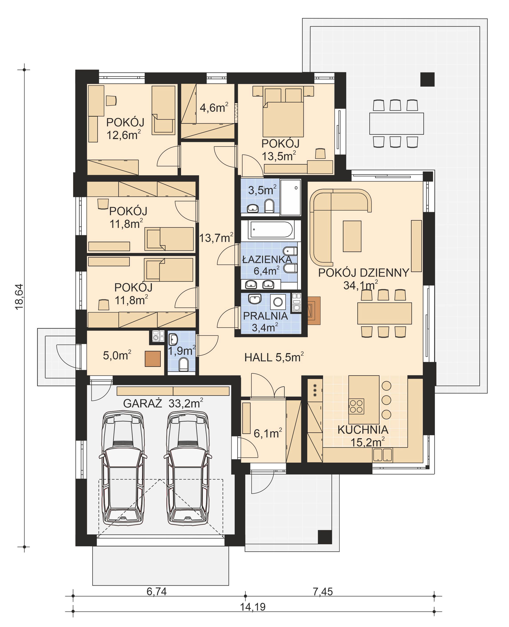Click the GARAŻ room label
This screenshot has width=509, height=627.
(143, 404)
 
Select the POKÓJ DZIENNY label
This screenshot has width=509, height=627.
(363, 273)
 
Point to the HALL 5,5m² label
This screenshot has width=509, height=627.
(274, 357)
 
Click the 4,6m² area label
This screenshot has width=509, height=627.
(214, 108)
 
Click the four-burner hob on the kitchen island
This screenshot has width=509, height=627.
(356, 406)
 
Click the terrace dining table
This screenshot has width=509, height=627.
(396, 123)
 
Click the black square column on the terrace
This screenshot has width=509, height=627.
(427, 79)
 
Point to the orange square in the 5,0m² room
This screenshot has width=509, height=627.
(153, 359)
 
